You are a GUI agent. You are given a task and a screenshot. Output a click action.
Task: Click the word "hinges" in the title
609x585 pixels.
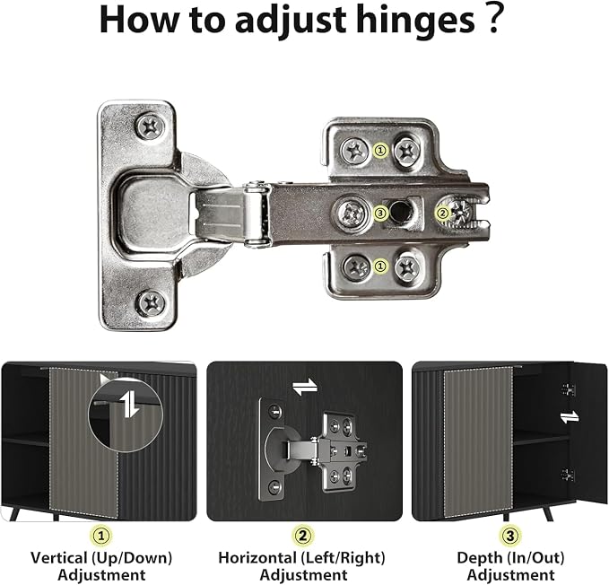click(414, 21)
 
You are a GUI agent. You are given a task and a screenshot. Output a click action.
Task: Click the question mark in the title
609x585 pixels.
click(493, 18)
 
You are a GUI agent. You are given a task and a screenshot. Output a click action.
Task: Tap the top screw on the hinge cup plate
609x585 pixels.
click(150, 127)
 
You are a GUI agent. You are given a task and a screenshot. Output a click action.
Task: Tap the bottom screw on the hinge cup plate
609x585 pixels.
click(151, 303)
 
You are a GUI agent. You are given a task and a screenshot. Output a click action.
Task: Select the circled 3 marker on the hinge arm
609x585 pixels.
click(380, 213)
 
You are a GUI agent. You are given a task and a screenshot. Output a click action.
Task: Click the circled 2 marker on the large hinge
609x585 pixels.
click(442, 213)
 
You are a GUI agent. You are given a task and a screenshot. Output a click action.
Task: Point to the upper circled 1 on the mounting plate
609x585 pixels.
click(380, 150)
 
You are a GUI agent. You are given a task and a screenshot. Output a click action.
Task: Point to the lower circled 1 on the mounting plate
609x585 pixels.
click(380, 266)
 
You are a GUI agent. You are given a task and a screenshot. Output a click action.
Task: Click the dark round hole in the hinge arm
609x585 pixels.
click(400, 211)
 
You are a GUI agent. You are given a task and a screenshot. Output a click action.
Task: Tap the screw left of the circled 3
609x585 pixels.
click(352, 214)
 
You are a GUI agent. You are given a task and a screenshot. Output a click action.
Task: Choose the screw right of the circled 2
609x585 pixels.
click(461, 212)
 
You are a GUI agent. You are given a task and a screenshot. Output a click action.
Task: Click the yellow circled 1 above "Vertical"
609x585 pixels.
click(101, 537)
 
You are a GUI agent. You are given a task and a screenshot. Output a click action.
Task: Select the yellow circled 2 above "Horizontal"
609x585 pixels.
click(302, 537)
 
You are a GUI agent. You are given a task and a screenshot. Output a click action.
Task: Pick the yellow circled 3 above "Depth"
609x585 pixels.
click(510, 537)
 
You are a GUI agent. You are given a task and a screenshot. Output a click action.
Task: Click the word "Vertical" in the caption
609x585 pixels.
click(59, 558)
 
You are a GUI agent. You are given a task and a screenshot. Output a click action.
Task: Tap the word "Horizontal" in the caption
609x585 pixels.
click(257, 558)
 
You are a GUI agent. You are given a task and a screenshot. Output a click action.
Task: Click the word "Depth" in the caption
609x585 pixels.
click(476, 559)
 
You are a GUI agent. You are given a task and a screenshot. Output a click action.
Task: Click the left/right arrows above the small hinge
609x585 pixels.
click(305, 387)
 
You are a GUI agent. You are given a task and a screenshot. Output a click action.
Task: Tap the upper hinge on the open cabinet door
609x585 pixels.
click(569, 389)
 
